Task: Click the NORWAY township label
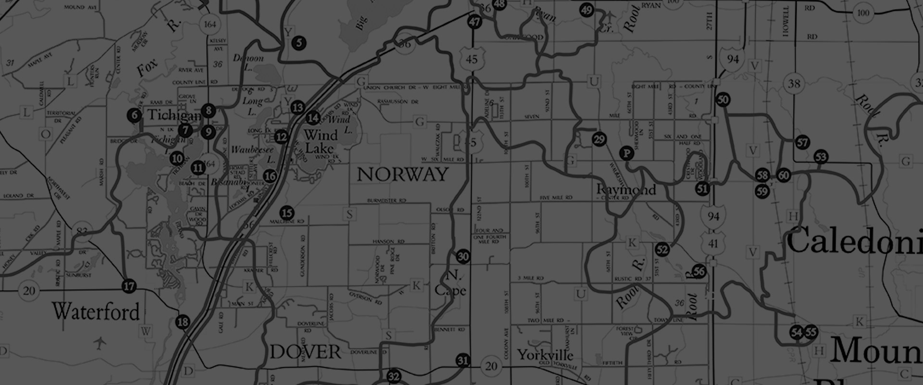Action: tap(402, 174)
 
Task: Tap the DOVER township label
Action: tap(305, 352)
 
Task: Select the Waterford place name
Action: tap(96, 311)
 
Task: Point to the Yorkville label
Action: tap(545, 355)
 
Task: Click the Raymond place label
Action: tap(626, 190)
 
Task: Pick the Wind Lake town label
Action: tap(321, 141)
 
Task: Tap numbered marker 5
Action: tap(299, 43)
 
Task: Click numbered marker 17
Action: tap(129, 286)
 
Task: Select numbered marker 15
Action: tap(287, 213)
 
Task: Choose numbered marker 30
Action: tap(463, 257)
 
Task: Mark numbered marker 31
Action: tap(462, 360)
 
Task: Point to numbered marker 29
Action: tap(599, 140)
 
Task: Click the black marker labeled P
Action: tap(626, 154)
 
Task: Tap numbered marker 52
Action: tap(662, 249)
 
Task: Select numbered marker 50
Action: tap(723, 100)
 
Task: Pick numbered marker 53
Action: tap(821, 157)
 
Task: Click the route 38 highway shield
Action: tap(794, 84)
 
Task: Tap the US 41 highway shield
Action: tap(713, 244)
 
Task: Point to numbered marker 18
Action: tap(183, 322)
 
